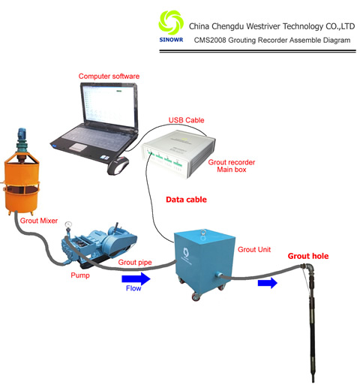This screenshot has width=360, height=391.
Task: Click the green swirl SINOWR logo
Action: click(x=171, y=23)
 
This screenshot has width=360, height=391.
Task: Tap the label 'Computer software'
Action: click(x=109, y=77)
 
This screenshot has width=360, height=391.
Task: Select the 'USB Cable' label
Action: click(x=186, y=120)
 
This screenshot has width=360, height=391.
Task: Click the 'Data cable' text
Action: click(x=186, y=200)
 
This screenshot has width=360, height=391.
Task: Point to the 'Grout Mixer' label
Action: click(x=39, y=221)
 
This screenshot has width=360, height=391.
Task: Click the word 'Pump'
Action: click(x=80, y=275)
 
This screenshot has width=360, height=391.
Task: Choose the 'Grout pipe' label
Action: click(x=135, y=263)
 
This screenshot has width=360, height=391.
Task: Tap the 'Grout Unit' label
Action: click(x=254, y=250)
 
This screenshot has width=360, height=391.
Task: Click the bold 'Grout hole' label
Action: click(x=308, y=256)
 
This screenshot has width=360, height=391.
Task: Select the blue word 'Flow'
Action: click(x=133, y=288)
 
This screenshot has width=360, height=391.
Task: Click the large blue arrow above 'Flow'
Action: click(x=136, y=278)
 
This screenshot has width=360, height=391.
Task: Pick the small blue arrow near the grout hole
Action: click(x=268, y=283)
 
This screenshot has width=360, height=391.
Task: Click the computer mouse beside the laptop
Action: click(x=118, y=165)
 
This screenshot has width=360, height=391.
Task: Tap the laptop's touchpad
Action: click(x=77, y=147)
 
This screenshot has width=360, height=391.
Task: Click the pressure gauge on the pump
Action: click(x=67, y=224)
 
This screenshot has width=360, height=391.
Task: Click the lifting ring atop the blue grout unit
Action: click(x=203, y=233)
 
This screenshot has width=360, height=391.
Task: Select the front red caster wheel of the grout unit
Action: click(x=196, y=297)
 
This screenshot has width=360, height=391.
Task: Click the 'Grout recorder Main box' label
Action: click(x=232, y=166)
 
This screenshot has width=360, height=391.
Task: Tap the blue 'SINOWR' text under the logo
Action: click(x=171, y=40)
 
